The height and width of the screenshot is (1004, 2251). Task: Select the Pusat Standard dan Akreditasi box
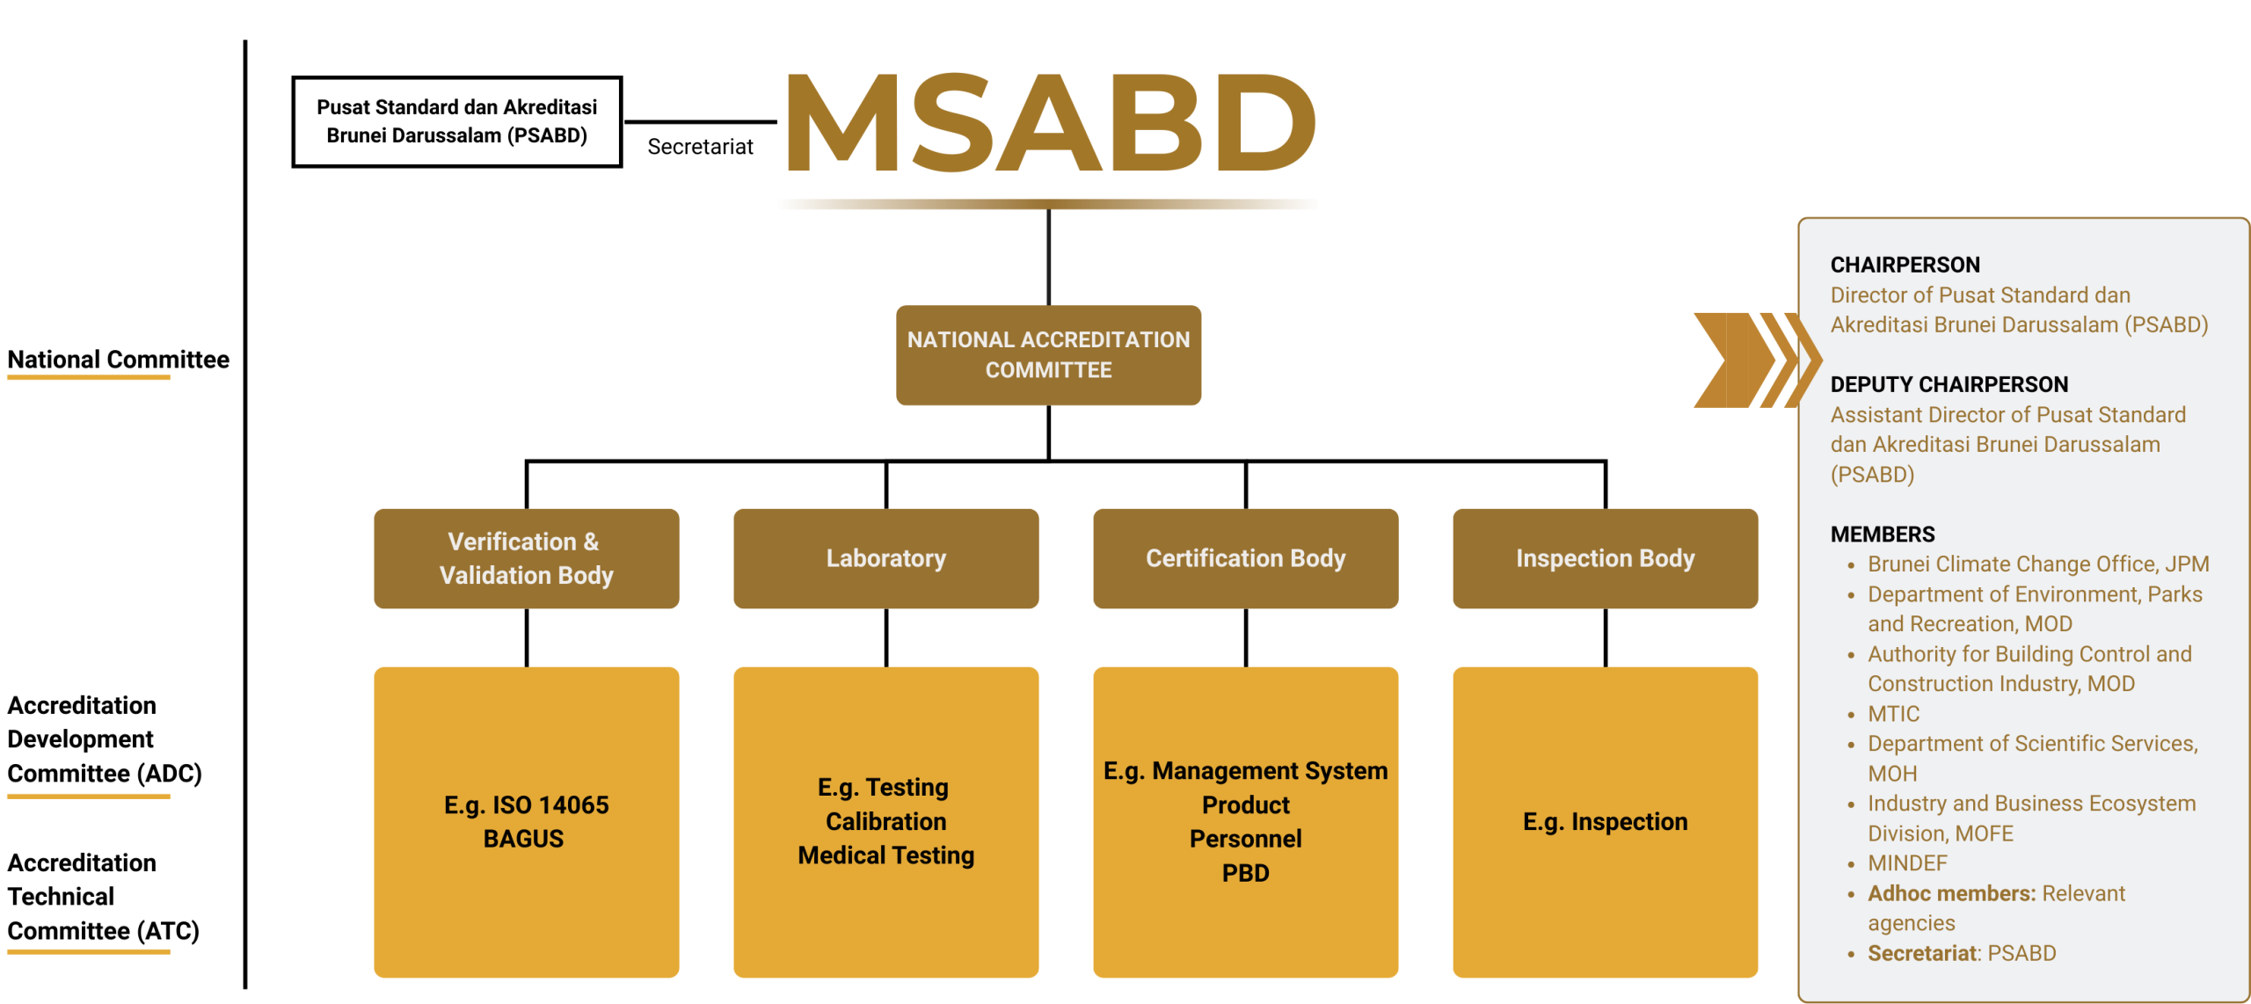click(456, 121)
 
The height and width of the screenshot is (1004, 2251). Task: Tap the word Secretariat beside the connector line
click(700, 147)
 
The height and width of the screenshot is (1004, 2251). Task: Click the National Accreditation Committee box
click(1048, 354)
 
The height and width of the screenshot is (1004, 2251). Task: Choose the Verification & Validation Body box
click(526, 558)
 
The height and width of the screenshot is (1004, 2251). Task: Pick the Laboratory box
click(885, 558)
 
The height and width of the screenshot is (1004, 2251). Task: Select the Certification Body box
click(1245, 558)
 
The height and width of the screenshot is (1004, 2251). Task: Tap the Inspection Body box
click(1605, 558)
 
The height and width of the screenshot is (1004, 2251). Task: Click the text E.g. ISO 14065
click(526, 804)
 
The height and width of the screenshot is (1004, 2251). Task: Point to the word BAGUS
click(523, 839)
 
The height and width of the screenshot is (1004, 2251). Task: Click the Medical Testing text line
click(885, 855)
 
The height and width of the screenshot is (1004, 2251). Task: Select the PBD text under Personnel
click(1245, 873)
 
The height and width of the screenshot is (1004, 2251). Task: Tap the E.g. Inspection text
click(1605, 821)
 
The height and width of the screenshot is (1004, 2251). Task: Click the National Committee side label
click(118, 360)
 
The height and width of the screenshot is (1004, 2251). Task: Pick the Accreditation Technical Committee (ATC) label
click(104, 897)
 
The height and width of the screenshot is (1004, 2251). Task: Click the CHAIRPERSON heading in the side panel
click(1905, 265)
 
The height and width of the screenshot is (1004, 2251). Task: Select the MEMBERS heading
click(1882, 534)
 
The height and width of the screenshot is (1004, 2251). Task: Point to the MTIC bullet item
click(1893, 713)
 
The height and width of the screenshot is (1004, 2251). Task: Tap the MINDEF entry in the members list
click(1907, 862)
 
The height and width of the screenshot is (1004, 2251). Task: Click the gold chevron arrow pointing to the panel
click(1756, 360)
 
